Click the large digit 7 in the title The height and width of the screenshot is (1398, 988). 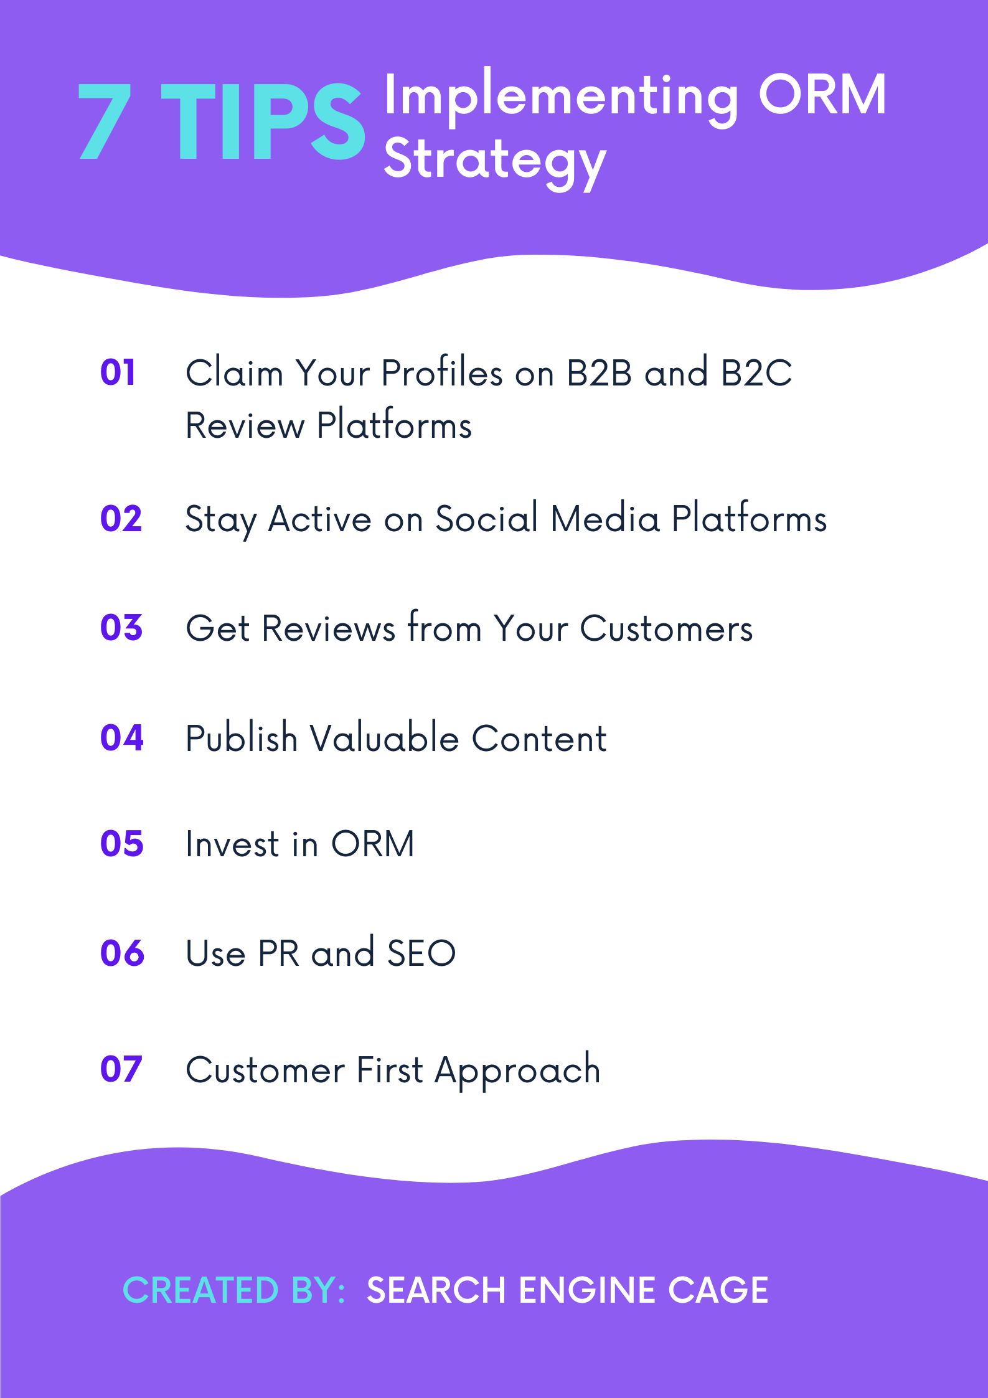pyautogui.click(x=105, y=121)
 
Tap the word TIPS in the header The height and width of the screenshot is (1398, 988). pyautogui.click(x=263, y=121)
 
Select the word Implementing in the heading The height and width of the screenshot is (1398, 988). pyautogui.click(x=561, y=97)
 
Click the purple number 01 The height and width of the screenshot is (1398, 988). pyautogui.click(x=118, y=373)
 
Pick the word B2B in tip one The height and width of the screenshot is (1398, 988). pyautogui.click(x=599, y=373)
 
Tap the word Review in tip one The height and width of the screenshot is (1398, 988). pyautogui.click(x=245, y=426)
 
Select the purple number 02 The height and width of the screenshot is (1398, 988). pyautogui.click(x=121, y=519)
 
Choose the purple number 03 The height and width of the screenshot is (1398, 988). pyautogui.click(x=121, y=628)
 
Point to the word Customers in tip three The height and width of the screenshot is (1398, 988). pyautogui.click(x=666, y=628)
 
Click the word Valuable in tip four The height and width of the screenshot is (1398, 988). pyautogui.click(x=384, y=739)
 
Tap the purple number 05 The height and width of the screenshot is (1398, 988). pyautogui.click(x=121, y=844)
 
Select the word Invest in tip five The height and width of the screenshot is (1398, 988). pyautogui.click(x=232, y=844)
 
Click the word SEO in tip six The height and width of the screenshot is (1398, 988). pyautogui.click(x=421, y=953)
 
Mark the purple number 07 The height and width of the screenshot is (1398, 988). pyautogui.click(x=121, y=1069)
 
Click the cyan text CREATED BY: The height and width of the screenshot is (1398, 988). pyautogui.click(x=234, y=1290)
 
